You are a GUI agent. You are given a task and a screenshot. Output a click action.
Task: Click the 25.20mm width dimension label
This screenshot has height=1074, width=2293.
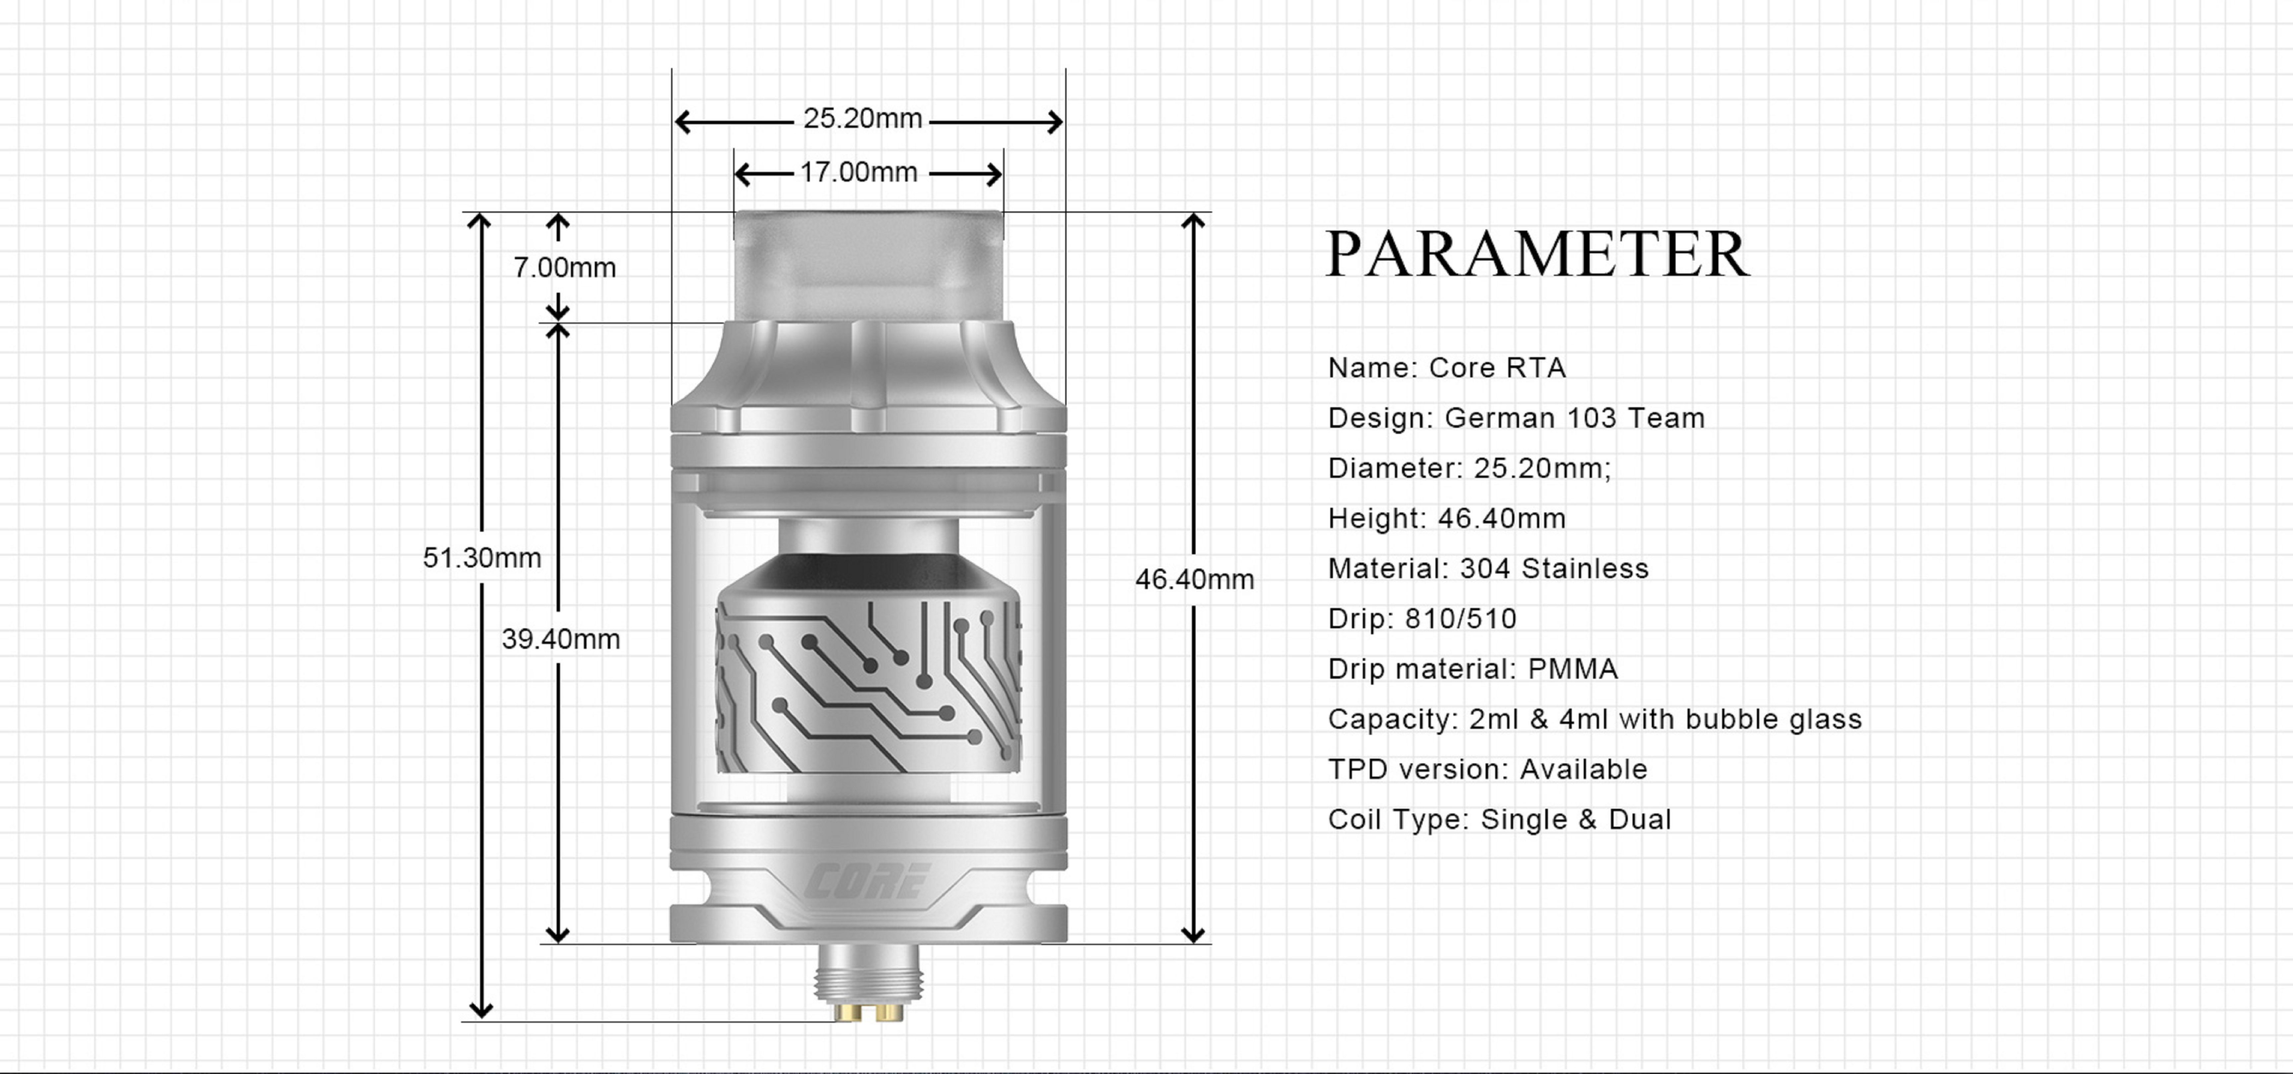pyautogui.click(x=863, y=118)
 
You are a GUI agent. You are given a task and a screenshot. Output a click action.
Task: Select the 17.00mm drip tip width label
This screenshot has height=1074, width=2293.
pyautogui.click(x=858, y=172)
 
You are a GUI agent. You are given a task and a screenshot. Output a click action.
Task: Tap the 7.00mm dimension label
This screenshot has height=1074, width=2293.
pyautogui.click(x=564, y=267)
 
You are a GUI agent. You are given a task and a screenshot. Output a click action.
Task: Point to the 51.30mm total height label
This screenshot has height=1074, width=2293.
pyautogui.click(x=482, y=558)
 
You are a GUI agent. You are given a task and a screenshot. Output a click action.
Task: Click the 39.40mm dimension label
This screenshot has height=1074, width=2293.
pyautogui.click(x=561, y=639)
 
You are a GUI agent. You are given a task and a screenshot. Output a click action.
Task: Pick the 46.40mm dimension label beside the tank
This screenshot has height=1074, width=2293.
pyautogui.click(x=1195, y=579)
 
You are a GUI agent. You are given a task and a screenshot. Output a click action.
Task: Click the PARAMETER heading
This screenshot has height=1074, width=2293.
pyautogui.click(x=1537, y=254)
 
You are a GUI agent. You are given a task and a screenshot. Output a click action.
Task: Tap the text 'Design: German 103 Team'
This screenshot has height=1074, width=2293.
pyautogui.click(x=1516, y=418)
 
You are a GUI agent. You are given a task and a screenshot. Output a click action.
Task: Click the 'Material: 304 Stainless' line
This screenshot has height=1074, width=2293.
pyautogui.click(x=1488, y=568)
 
